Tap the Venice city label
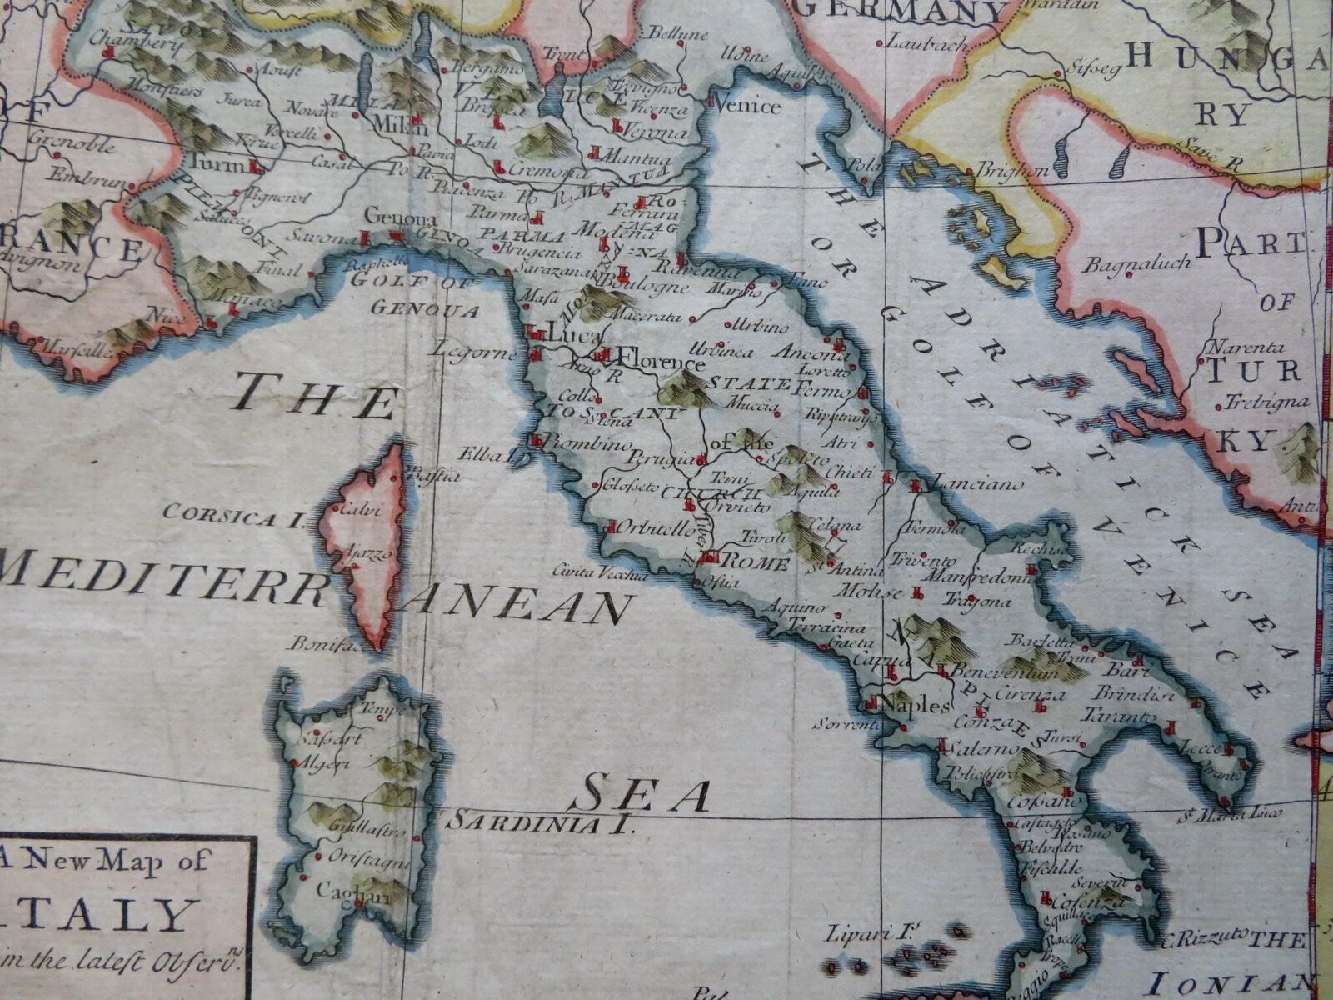pyautogui.click(x=750, y=106)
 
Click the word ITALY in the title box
pyautogui.click(x=126, y=914)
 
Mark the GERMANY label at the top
pyautogui.click(x=903, y=10)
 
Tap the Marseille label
pyautogui.click(x=76, y=351)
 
